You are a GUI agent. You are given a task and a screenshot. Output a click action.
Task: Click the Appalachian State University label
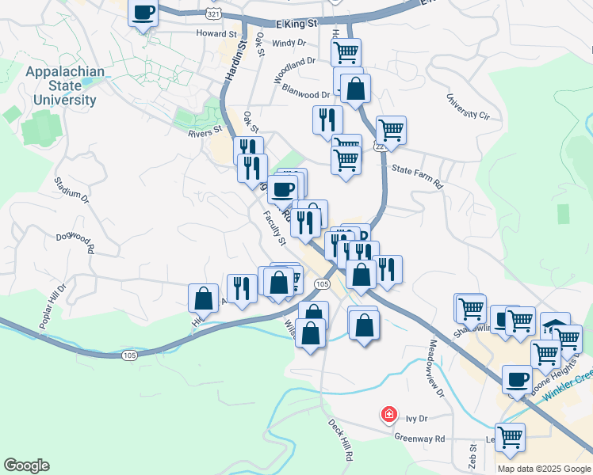tap(64, 86)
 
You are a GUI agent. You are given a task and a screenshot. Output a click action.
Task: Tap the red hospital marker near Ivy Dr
tap(388, 414)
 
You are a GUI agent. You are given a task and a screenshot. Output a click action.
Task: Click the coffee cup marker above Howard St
tap(143, 13)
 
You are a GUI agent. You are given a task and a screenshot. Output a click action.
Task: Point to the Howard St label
tap(217, 34)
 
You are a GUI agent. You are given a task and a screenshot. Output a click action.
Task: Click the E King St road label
tap(297, 25)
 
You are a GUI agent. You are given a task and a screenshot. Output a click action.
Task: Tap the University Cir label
tap(468, 108)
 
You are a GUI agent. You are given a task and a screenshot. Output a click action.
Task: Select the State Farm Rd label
tap(416, 168)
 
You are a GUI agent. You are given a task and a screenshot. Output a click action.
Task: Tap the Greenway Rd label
tap(420, 438)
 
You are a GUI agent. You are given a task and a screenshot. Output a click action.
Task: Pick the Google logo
tap(26, 465)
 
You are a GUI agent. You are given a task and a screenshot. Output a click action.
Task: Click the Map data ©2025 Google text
tap(543, 469)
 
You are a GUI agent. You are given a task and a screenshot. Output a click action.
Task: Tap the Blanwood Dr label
tap(305, 94)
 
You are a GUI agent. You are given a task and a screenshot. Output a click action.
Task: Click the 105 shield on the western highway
tap(130, 355)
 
